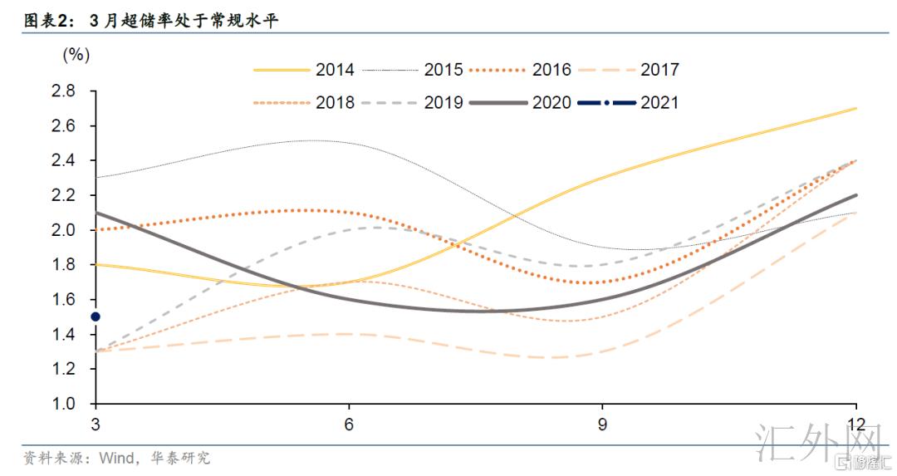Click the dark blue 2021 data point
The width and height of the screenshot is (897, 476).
click(x=96, y=317)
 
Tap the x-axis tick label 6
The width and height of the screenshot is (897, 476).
click(x=349, y=423)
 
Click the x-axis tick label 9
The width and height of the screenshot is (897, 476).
click(x=602, y=423)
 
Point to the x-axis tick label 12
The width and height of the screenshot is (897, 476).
click(x=855, y=423)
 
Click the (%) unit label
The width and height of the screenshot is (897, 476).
click(x=76, y=55)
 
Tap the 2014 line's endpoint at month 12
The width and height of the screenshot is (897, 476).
click(x=855, y=109)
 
